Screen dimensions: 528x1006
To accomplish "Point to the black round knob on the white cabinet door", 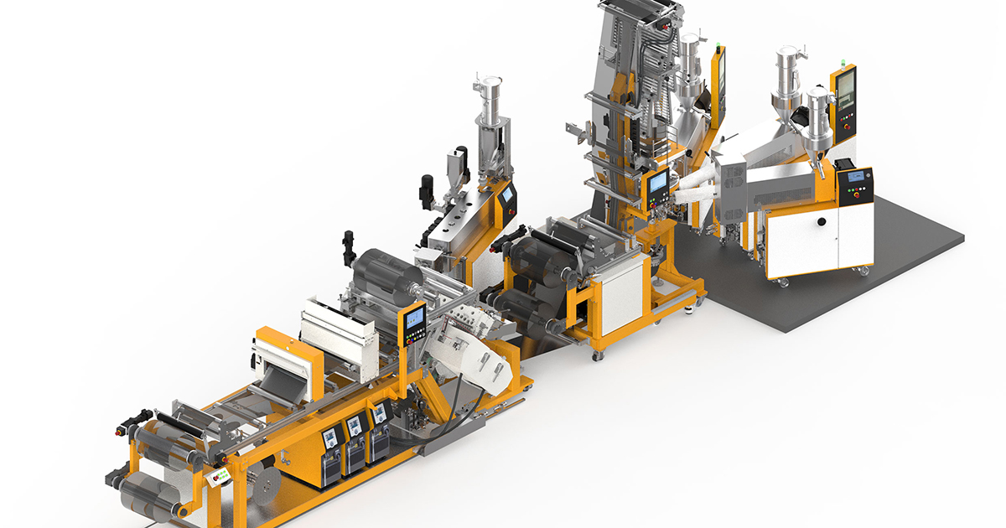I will pyautogui.click(x=822, y=222).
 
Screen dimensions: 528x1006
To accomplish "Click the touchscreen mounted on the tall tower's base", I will pyautogui.click(x=659, y=182).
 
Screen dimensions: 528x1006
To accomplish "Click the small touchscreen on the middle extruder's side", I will pyautogui.click(x=506, y=195).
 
